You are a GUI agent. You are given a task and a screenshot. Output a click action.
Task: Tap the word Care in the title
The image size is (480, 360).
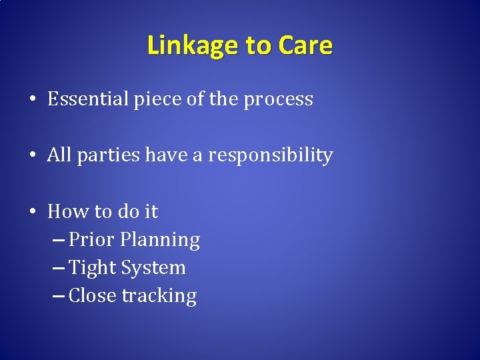tap(305, 45)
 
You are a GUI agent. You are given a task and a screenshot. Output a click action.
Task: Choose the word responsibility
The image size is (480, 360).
tap(270, 156)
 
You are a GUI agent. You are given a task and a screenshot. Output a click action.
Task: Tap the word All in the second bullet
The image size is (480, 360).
tap(59, 155)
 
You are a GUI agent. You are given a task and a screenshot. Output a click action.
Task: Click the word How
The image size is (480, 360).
tap(64, 211)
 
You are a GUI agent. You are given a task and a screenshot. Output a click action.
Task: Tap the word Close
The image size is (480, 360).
tap(93, 295)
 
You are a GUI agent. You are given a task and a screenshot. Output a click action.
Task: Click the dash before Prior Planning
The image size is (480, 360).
tap(58, 240)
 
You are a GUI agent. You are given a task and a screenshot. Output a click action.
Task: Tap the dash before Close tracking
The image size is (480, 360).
tap(58, 296)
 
